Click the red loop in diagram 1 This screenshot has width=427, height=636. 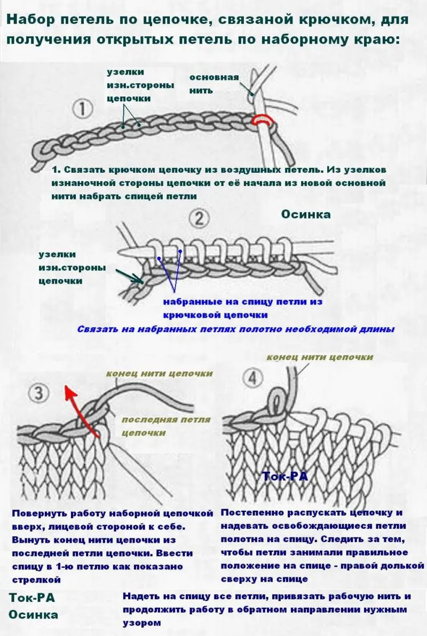(x=262, y=119)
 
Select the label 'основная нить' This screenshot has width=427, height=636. (x=213, y=84)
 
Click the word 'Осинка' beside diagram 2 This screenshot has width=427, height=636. (x=305, y=214)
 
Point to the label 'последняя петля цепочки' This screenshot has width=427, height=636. (x=165, y=426)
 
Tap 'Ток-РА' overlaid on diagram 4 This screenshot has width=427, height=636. (x=285, y=476)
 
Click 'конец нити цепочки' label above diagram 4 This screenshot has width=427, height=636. (x=319, y=357)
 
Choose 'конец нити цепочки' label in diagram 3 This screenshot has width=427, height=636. (x=159, y=373)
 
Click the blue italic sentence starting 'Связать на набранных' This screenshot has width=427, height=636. (x=235, y=329)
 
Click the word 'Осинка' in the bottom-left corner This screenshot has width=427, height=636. (x=33, y=614)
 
